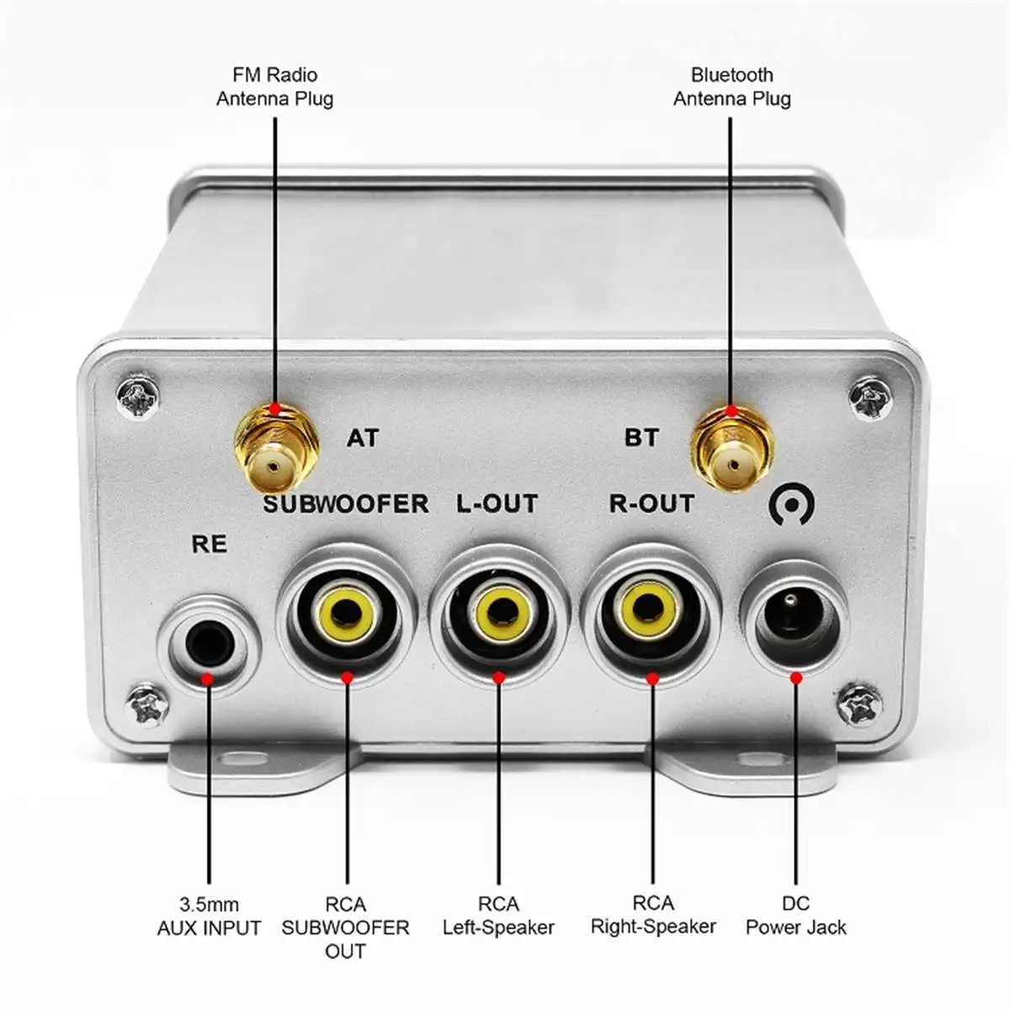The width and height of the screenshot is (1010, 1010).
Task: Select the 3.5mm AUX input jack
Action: (208, 645)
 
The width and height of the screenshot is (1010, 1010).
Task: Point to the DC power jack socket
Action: (792, 623)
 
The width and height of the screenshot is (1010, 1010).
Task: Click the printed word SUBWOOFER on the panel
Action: (346, 504)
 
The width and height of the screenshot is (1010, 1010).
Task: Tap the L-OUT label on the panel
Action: (497, 504)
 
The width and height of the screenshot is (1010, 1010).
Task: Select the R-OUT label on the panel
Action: (651, 504)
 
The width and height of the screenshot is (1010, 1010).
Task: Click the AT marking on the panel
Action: (363, 439)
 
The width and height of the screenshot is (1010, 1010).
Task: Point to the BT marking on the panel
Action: (641, 439)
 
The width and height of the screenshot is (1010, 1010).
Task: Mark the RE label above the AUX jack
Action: (210, 545)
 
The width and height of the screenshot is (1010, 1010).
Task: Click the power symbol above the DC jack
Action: (792, 506)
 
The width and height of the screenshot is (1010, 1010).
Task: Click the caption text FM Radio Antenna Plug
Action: (275, 87)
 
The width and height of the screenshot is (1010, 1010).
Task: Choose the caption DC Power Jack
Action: (795, 916)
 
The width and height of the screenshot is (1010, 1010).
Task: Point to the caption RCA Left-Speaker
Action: (498, 916)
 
